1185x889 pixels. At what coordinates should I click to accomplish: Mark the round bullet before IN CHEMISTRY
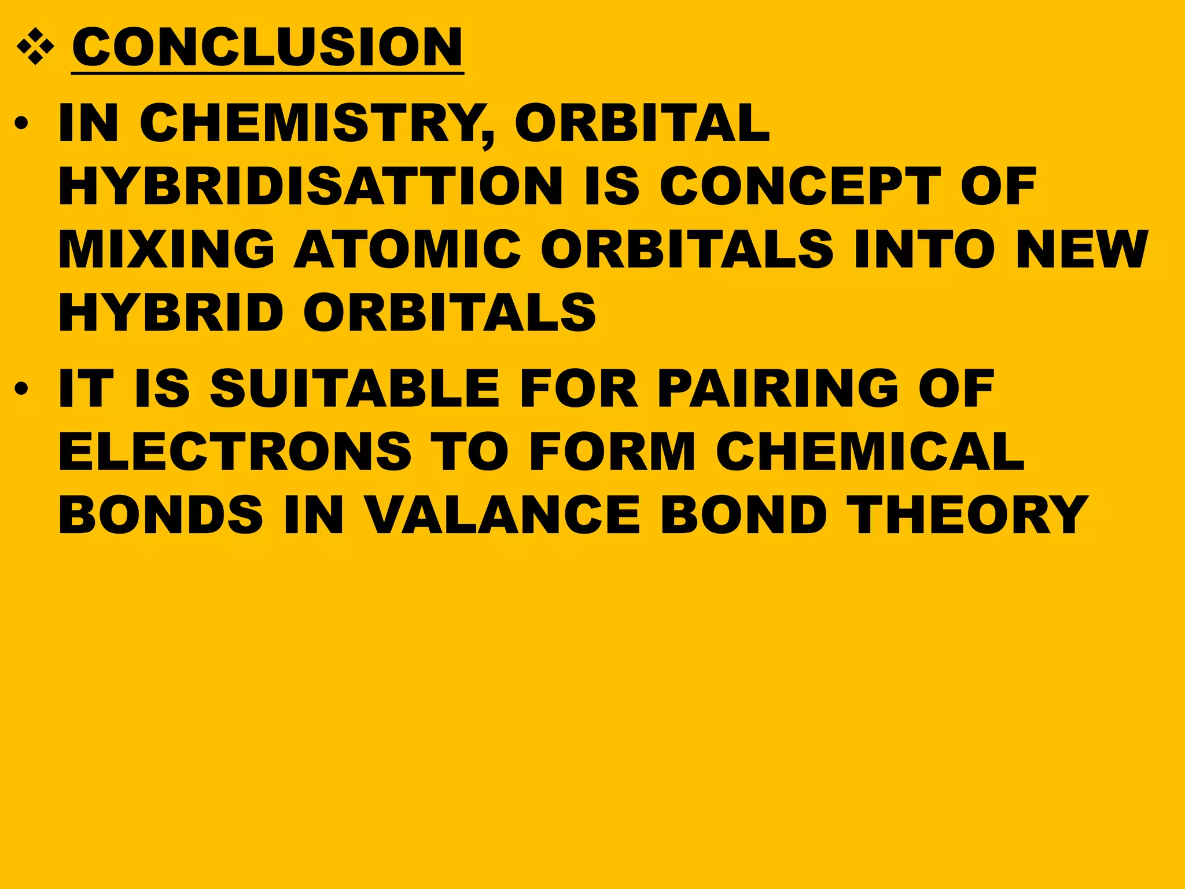[21, 124]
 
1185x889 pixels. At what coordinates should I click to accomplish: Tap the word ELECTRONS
[235, 451]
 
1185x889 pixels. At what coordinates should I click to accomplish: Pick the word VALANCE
[503, 515]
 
